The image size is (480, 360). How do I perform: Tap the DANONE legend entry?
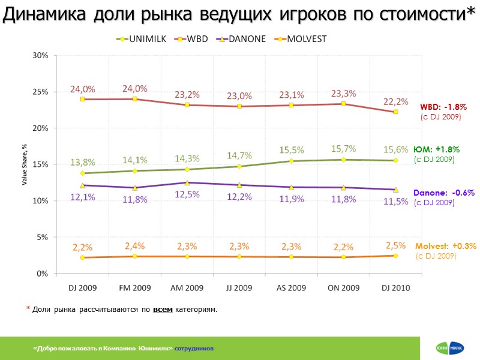(243, 39)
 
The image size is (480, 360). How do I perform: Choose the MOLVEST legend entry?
(300, 39)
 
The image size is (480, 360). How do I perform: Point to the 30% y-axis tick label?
(41, 56)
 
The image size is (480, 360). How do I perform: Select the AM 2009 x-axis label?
(187, 288)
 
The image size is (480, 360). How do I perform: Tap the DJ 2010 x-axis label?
(396, 288)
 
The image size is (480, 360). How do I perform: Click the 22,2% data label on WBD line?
(396, 101)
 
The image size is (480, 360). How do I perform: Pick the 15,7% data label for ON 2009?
(343, 149)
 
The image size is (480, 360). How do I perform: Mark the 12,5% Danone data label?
(187, 194)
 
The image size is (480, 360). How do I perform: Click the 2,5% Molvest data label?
(396, 245)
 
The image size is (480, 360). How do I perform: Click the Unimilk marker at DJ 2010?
(396, 160)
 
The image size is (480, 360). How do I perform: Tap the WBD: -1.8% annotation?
(443, 107)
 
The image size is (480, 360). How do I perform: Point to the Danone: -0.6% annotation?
(444, 193)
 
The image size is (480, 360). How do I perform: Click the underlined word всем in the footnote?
(163, 310)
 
